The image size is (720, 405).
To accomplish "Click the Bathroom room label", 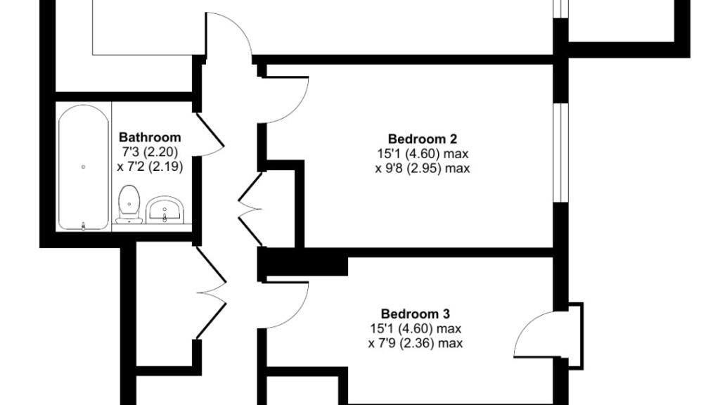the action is [x=150, y=138].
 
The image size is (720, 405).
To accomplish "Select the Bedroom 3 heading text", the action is [x=415, y=314].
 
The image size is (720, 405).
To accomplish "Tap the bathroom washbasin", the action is [x=166, y=210].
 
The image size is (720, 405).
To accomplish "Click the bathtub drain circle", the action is [x=84, y=167].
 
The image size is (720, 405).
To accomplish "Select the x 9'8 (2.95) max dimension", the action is [x=422, y=169].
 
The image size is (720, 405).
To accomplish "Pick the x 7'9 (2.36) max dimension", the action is [x=415, y=344].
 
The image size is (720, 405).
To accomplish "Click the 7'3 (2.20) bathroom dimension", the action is [x=150, y=152].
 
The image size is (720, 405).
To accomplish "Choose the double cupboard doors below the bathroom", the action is [x=212, y=289].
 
